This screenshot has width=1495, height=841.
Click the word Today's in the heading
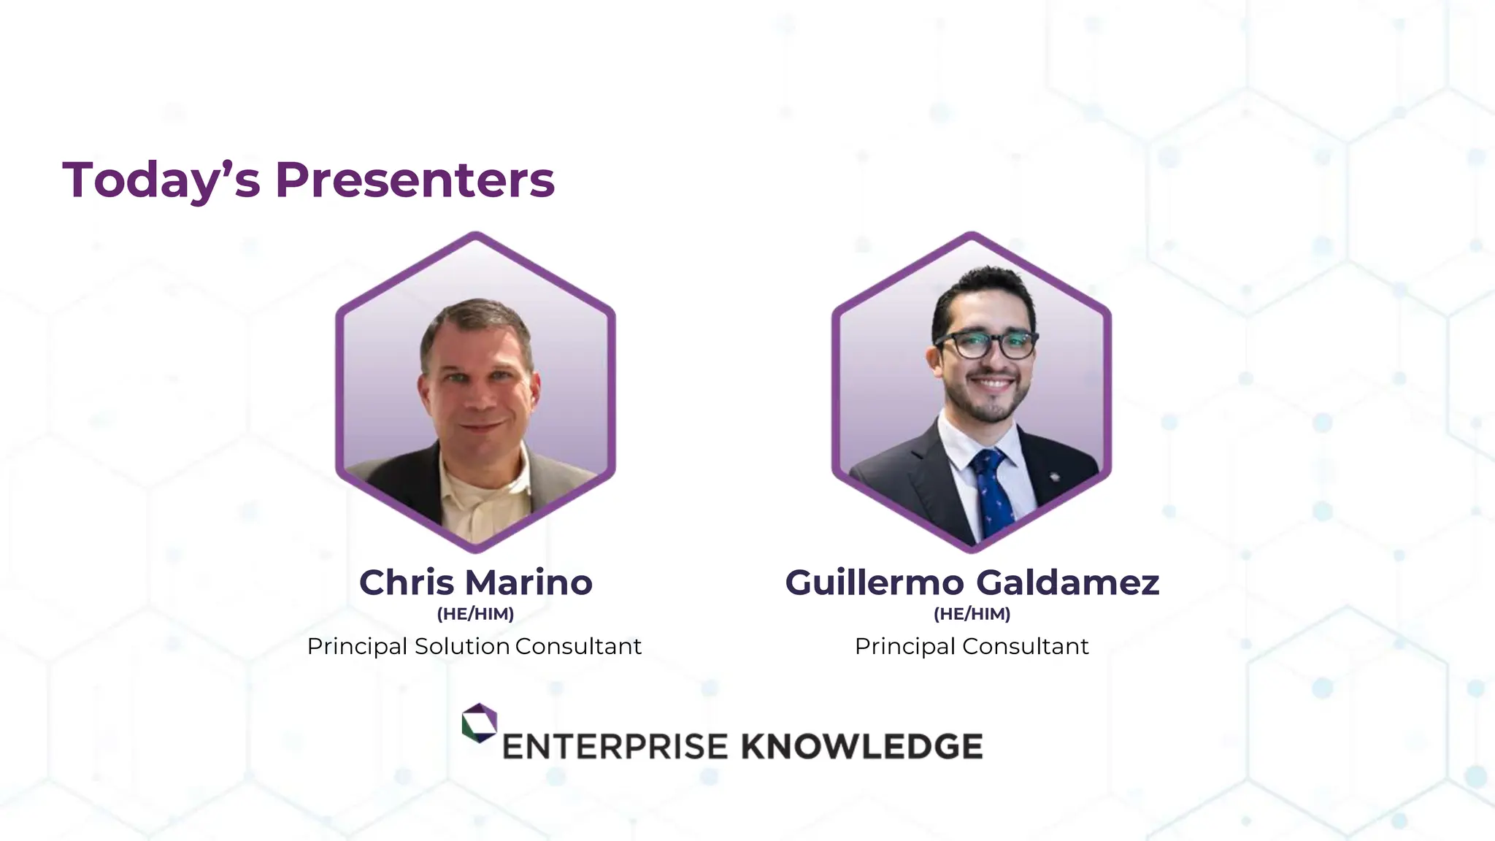point(161,180)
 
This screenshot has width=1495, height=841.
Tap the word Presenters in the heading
point(415,180)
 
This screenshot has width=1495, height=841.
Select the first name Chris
point(407,583)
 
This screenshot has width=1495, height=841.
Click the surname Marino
point(529,583)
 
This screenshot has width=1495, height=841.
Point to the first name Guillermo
point(875,583)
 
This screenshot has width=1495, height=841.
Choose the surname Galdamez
point(1067,583)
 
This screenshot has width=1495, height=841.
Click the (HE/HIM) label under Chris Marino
point(475,614)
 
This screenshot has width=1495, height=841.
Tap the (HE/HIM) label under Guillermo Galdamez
point(972,614)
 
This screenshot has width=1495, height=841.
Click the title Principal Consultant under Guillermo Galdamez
point(972,646)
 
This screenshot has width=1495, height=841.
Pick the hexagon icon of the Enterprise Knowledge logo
point(479,723)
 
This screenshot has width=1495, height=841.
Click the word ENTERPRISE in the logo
point(615,747)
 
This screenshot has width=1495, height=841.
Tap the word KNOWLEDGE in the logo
point(861,747)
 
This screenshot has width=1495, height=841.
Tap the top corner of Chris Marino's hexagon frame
point(475,235)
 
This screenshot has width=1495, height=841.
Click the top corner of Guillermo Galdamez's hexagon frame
point(972,235)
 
